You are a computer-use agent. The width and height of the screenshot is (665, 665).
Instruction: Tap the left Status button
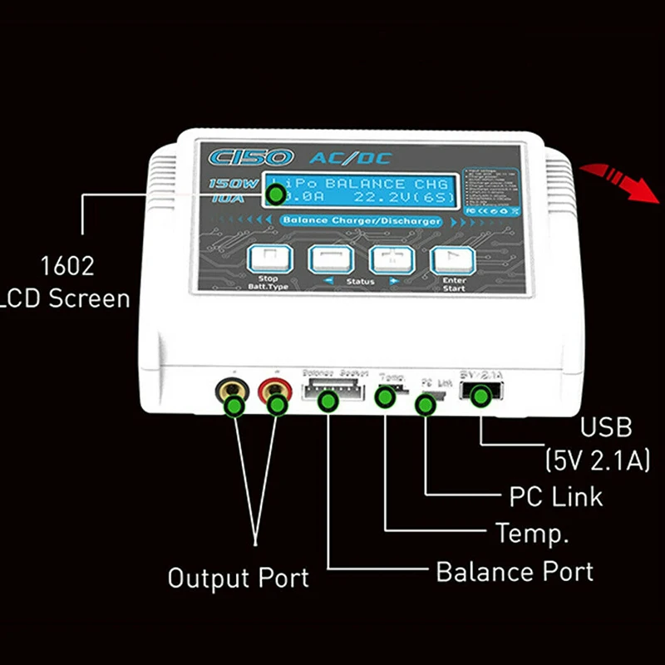coord(326,259)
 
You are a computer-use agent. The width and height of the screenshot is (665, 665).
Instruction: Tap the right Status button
coord(387,259)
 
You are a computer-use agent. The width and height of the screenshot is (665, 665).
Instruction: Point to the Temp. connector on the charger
coord(387,392)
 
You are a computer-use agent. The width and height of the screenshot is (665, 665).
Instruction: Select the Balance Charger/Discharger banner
coord(360,221)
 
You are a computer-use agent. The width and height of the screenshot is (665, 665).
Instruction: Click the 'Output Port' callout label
coord(238,578)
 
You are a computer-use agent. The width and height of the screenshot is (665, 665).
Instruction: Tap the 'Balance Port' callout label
coord(515,572)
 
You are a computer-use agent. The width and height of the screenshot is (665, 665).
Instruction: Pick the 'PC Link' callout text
coord(555,496)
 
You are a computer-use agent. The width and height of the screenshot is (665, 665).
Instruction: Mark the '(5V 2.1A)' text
coord(597,459)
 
